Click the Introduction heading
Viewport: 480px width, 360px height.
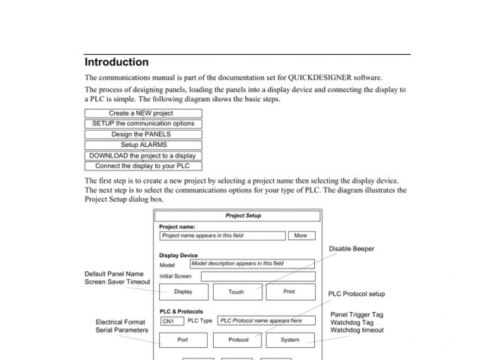click(x=116, y=62)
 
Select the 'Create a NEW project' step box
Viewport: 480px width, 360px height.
click(x=142, y=114)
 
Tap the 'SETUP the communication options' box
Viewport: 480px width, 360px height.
click(x=142, y=124)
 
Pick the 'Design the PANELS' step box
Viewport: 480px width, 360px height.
click(x=142, y=134)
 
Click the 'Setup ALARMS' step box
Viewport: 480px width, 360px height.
click(x=142, y=145)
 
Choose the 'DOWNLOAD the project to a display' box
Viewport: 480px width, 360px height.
click(x=142, y=155)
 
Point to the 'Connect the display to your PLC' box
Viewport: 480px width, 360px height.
click(x=142, y=166)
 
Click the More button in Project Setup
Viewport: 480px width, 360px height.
click(x=300, y=235)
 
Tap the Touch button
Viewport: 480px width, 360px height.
click(x=236, y=292)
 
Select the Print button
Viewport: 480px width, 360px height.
click(x=289, y=292)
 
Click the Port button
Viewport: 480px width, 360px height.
click(x=182, y=340)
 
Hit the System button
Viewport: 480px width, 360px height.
click(x=289, y=340)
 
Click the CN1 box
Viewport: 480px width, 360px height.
click(x=172, y=321)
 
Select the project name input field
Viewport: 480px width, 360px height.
click(x=223, y=235)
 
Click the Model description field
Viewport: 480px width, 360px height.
click(x=252, y=264)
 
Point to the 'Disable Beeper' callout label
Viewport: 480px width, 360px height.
click(x=351, y=248)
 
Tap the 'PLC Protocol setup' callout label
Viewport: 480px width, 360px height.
click(x=356, y=294)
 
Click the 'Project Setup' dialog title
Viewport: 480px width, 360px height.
click(x=243, y=216)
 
